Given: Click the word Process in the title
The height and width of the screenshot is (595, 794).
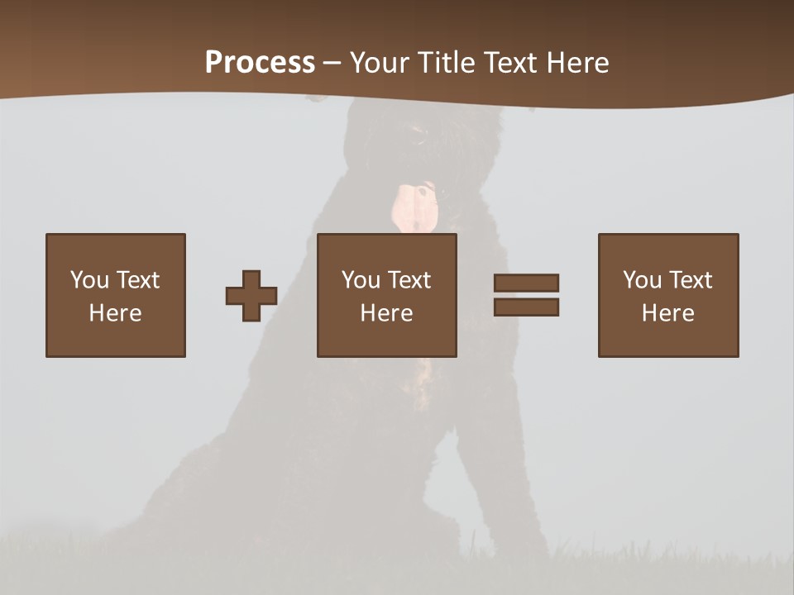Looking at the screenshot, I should tap(260, 63).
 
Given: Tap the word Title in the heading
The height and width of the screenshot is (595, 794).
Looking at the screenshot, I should tap(448, 63).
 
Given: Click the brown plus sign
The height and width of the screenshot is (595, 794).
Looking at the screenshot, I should tap(251, 296).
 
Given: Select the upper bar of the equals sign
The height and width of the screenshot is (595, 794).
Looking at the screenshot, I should tap(526, 283).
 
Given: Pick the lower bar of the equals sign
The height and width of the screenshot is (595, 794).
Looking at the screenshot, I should tap(526, 307).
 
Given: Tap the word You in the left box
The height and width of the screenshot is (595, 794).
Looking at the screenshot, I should tap(89, 280).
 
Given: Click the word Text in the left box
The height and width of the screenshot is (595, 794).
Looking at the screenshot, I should tap(137, 280).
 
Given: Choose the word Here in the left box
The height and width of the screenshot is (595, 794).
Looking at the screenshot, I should tap(115, 313).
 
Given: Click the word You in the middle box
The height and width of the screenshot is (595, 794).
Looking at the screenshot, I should tap(361, 280).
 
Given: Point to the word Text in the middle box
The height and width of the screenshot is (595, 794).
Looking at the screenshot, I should tap(409, 280).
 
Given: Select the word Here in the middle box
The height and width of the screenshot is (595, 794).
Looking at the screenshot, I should tap(386, 313).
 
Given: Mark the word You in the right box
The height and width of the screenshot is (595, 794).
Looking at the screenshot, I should tap(642, 280).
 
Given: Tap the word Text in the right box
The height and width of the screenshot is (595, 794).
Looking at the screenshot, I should tap(690, 280).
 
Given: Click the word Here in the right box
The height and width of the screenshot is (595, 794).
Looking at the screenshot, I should tap(667, 313).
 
